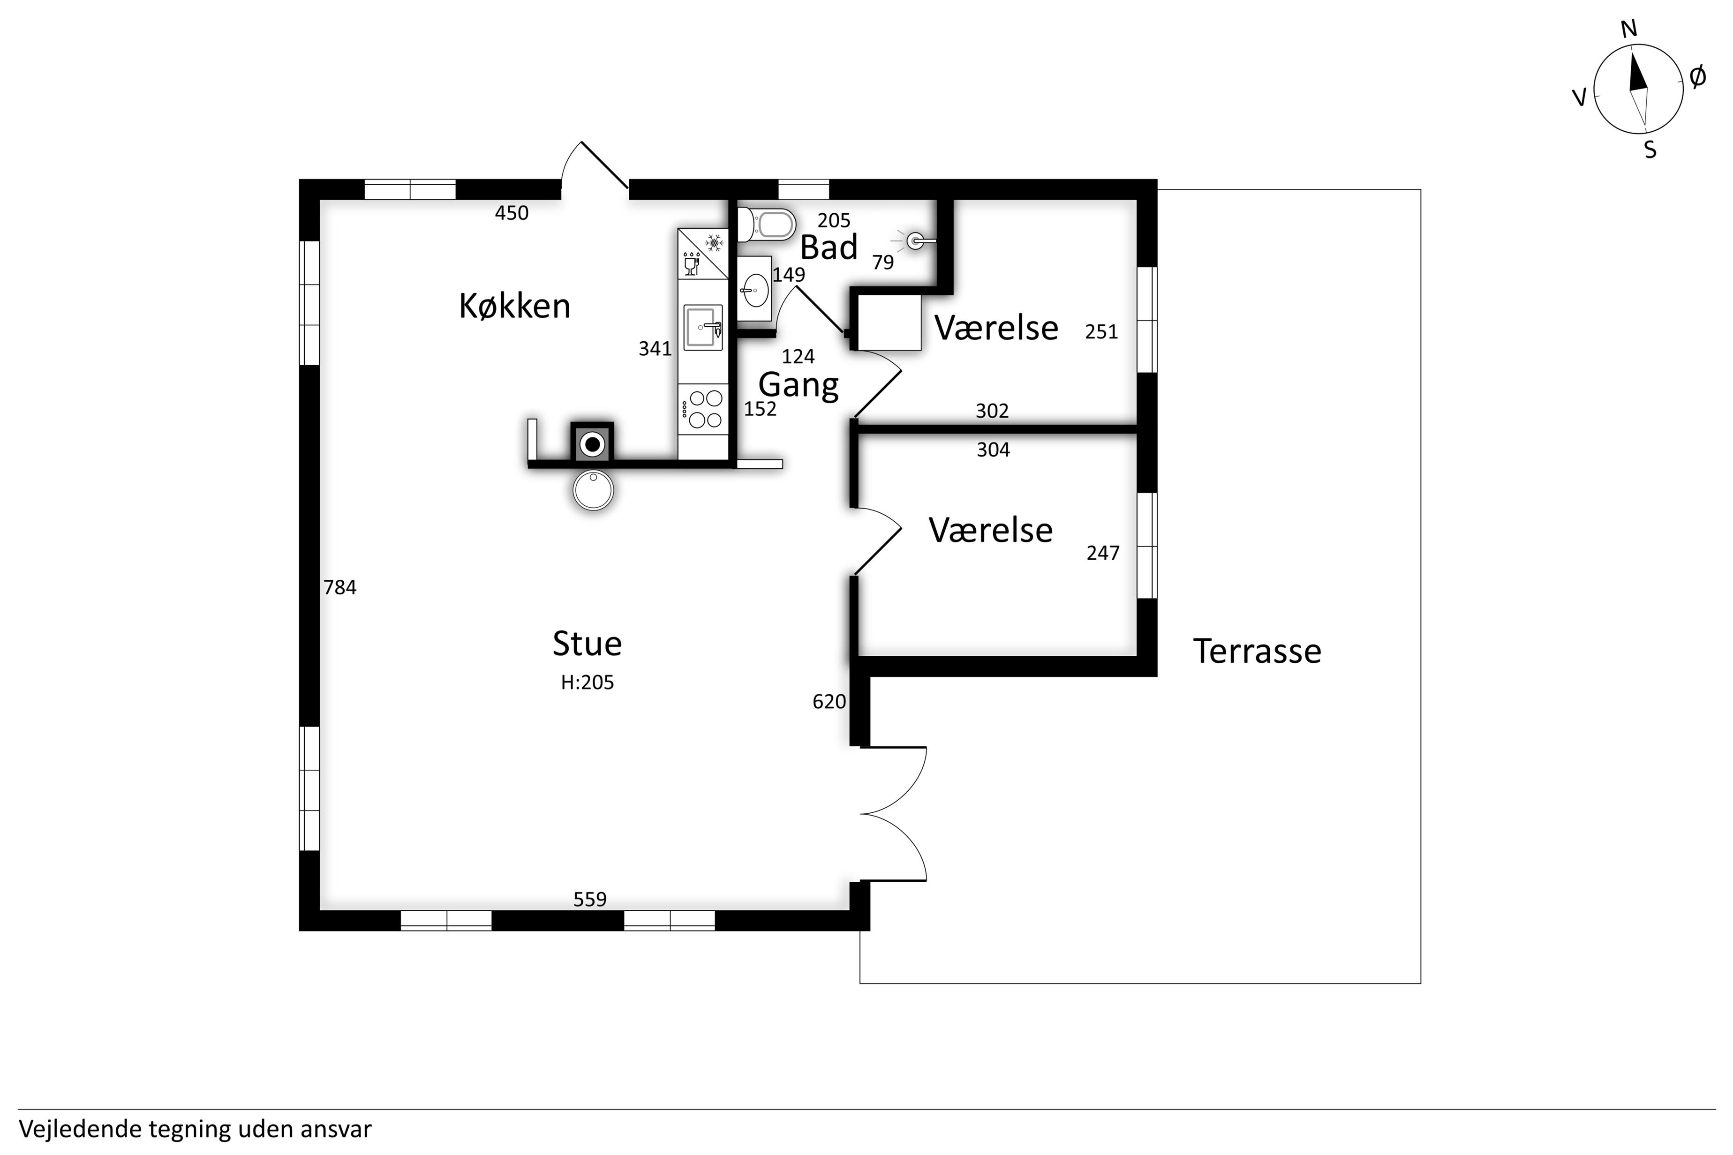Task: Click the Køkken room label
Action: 514,306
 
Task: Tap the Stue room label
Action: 587,644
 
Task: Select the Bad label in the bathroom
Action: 829,247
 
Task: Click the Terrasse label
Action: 1257,651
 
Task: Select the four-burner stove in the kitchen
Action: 703,410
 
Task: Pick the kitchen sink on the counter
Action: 703,327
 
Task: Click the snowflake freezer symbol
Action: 713,242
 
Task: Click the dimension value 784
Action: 339,587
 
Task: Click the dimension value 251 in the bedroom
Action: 1101,332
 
